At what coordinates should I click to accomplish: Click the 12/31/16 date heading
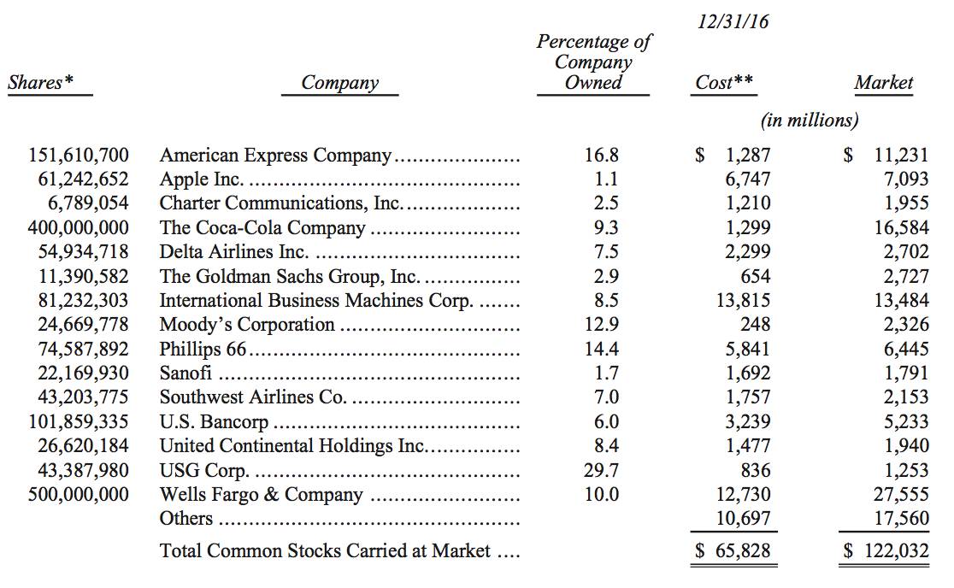(x=733, y=21)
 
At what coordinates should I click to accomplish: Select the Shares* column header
(x=40, y=83)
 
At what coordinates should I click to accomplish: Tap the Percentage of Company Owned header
(x=593, y=62)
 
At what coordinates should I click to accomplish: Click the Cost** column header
(x=724, y=83)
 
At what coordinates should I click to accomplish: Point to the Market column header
(x=883, y=83)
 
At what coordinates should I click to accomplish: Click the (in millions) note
(x=809, y=121)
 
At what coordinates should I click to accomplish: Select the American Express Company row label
(x=275, y=156)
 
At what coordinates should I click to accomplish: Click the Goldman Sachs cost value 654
(x=756, y=276)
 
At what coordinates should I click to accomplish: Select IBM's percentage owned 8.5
(x=603, y=301)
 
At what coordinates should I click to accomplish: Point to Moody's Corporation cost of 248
(x=756, y=325)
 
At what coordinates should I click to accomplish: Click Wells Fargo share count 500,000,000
(x=79, y=495)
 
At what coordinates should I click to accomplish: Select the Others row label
(x=186, y=519)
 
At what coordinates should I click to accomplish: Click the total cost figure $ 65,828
(x=732, y=551)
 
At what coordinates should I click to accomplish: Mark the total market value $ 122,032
(x=886, y=551)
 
